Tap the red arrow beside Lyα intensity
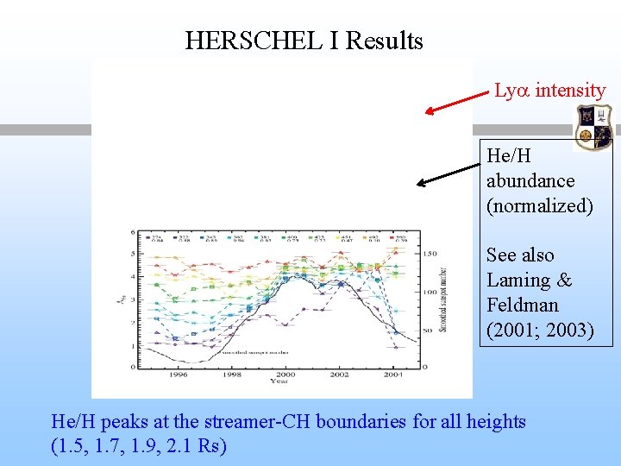point(458,99)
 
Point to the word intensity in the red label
point(569,90)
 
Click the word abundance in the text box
point(530,180)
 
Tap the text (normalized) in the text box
point(539,205)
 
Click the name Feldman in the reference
point(522,305)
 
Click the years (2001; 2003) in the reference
point(539,330)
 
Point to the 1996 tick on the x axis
point(179,375)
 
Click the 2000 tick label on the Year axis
point(285,375)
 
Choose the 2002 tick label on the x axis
point(338,375)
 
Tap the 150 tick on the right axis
point(430,254)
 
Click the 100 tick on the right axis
point(430,293)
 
